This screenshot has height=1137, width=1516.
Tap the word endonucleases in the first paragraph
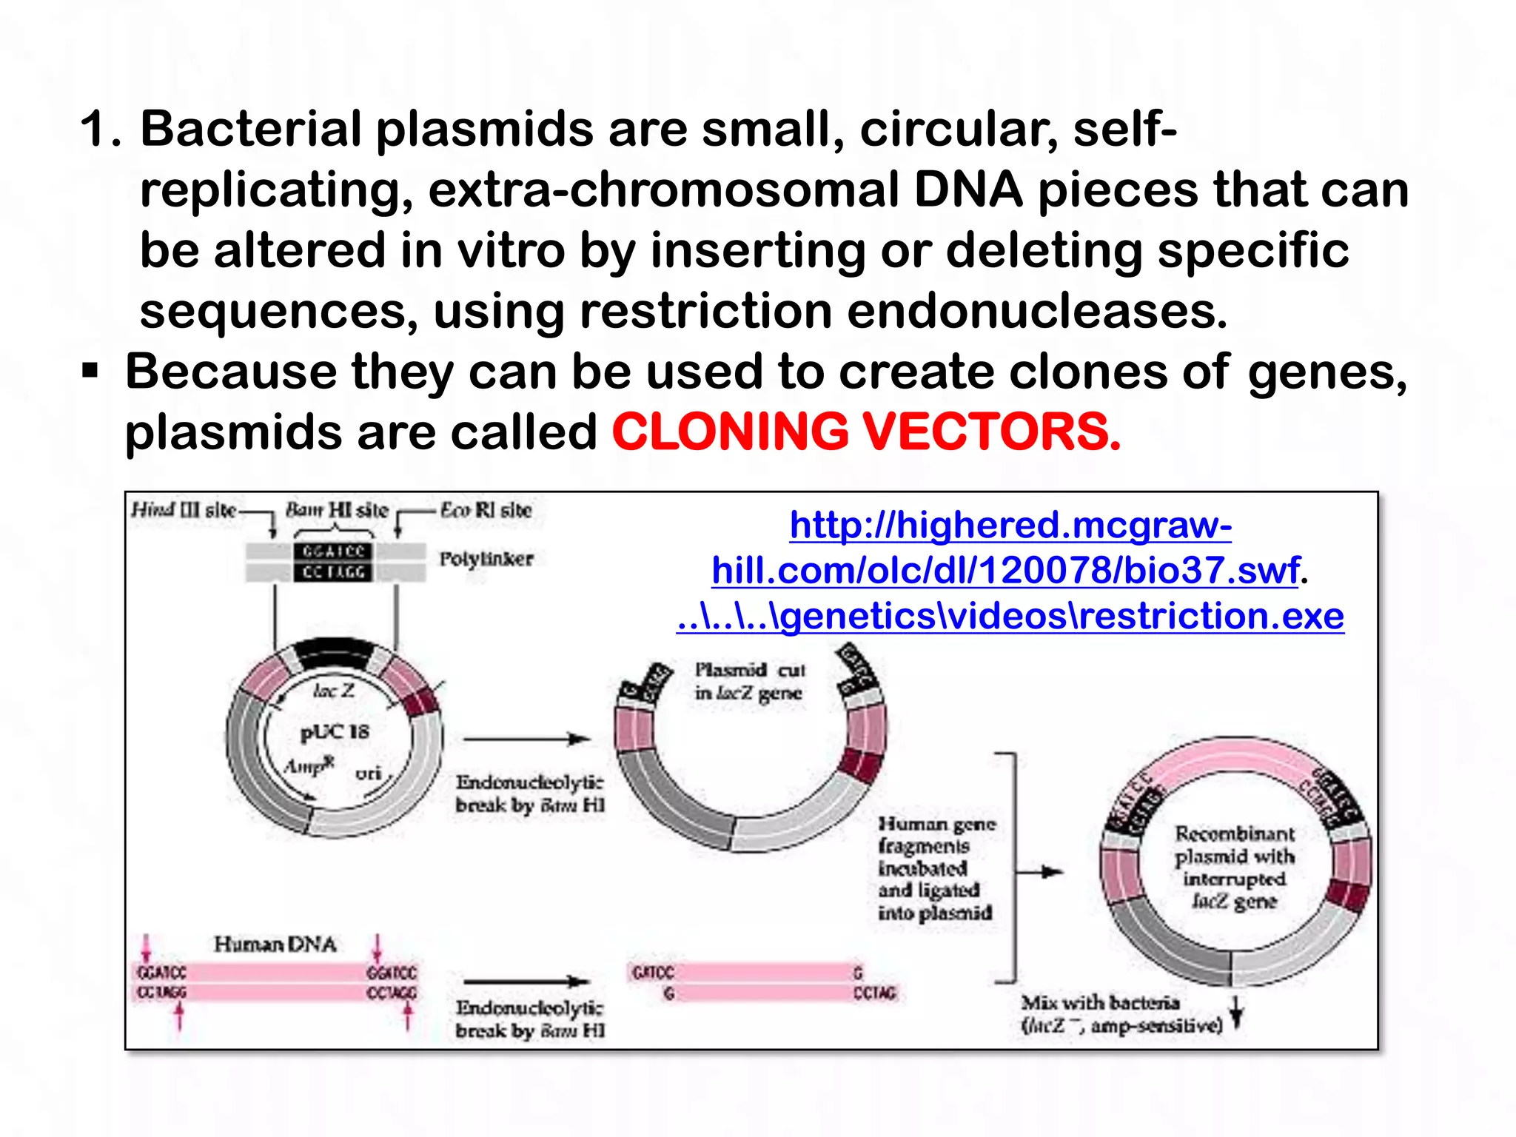coord(1036,311)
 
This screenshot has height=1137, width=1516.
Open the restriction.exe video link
coord(1010,616)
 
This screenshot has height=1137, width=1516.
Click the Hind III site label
coord(183,510)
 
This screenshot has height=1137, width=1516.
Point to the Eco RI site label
coord(486,510)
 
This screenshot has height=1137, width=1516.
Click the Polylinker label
coord(486,559)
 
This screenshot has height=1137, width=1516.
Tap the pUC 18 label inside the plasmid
coord(334,732)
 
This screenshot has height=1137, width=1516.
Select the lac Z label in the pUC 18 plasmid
coord(333,691)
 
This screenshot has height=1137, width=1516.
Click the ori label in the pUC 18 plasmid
coord(368,774)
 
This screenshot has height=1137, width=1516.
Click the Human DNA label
coord(275,945)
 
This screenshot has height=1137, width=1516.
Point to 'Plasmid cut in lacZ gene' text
coord(748,681)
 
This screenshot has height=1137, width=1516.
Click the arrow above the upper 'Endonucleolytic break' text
coord(526,739)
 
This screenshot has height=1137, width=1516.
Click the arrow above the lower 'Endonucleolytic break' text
coord(526,982)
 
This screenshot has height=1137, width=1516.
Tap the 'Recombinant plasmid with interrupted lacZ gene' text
coord(1235,868)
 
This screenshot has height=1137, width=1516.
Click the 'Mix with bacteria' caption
coord(1121,1014)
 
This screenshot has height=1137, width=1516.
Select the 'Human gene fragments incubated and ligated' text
coord(935,868)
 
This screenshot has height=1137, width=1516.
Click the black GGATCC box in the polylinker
coord(333,552)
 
